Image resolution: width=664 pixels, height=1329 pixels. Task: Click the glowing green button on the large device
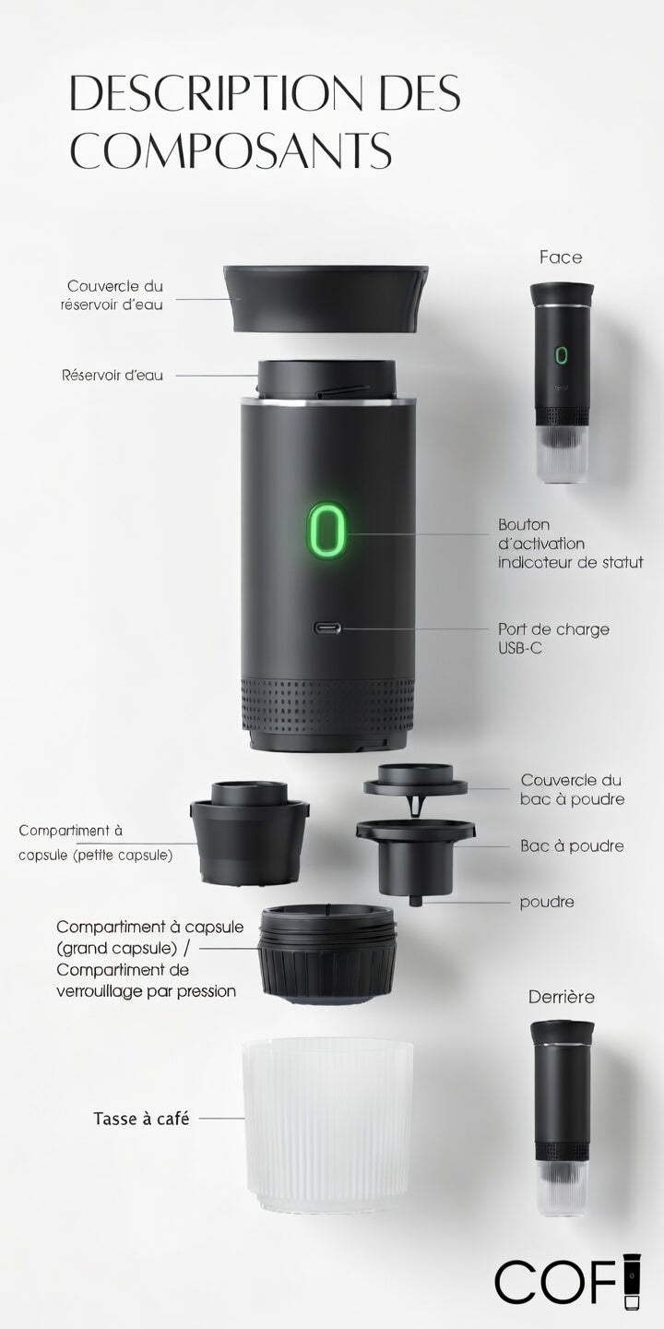327,530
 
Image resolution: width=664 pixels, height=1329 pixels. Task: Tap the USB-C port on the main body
327,628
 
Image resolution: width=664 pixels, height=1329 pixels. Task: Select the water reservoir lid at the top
326,298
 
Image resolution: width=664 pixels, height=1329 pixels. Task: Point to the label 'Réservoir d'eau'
113,375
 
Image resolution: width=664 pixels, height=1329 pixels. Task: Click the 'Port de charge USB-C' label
553,638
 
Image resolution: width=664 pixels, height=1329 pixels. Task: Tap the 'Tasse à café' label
141,1119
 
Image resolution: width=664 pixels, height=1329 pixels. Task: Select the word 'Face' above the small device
561,257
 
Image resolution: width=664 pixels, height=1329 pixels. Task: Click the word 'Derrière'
561,997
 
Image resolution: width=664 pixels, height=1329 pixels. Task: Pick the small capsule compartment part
250,833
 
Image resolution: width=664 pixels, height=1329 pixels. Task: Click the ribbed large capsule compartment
328,954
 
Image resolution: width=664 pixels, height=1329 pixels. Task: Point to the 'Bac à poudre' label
572,845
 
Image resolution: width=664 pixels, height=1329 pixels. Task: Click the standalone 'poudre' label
547,903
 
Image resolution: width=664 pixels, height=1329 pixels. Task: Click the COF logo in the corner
567,1286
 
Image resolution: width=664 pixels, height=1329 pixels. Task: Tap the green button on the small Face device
561,354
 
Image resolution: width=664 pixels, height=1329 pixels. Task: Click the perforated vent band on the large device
328,705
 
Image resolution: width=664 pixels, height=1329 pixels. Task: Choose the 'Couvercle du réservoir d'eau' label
113,295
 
